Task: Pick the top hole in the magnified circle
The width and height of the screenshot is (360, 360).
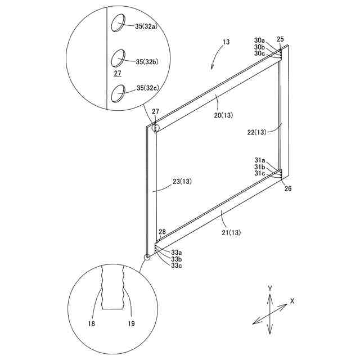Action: pyautogui.click(x=120, y=23)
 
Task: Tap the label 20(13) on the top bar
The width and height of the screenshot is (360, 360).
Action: pyautogui.click(x=223, y=115)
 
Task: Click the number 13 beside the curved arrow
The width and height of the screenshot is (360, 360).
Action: pyautogui.click(x=226, y=42)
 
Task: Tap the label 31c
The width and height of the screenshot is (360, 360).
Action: pyautogui.click(x=259, y=174)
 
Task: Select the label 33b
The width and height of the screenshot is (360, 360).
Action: pyautogui.click(x=176, y=259)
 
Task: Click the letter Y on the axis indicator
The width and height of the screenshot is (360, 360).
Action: pyautogui.click(x=271, y=288)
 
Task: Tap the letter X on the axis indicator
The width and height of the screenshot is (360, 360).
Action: pyautogui.click(x=292, y=301)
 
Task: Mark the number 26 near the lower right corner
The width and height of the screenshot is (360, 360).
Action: pyautogui.click(x=288, y=189)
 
